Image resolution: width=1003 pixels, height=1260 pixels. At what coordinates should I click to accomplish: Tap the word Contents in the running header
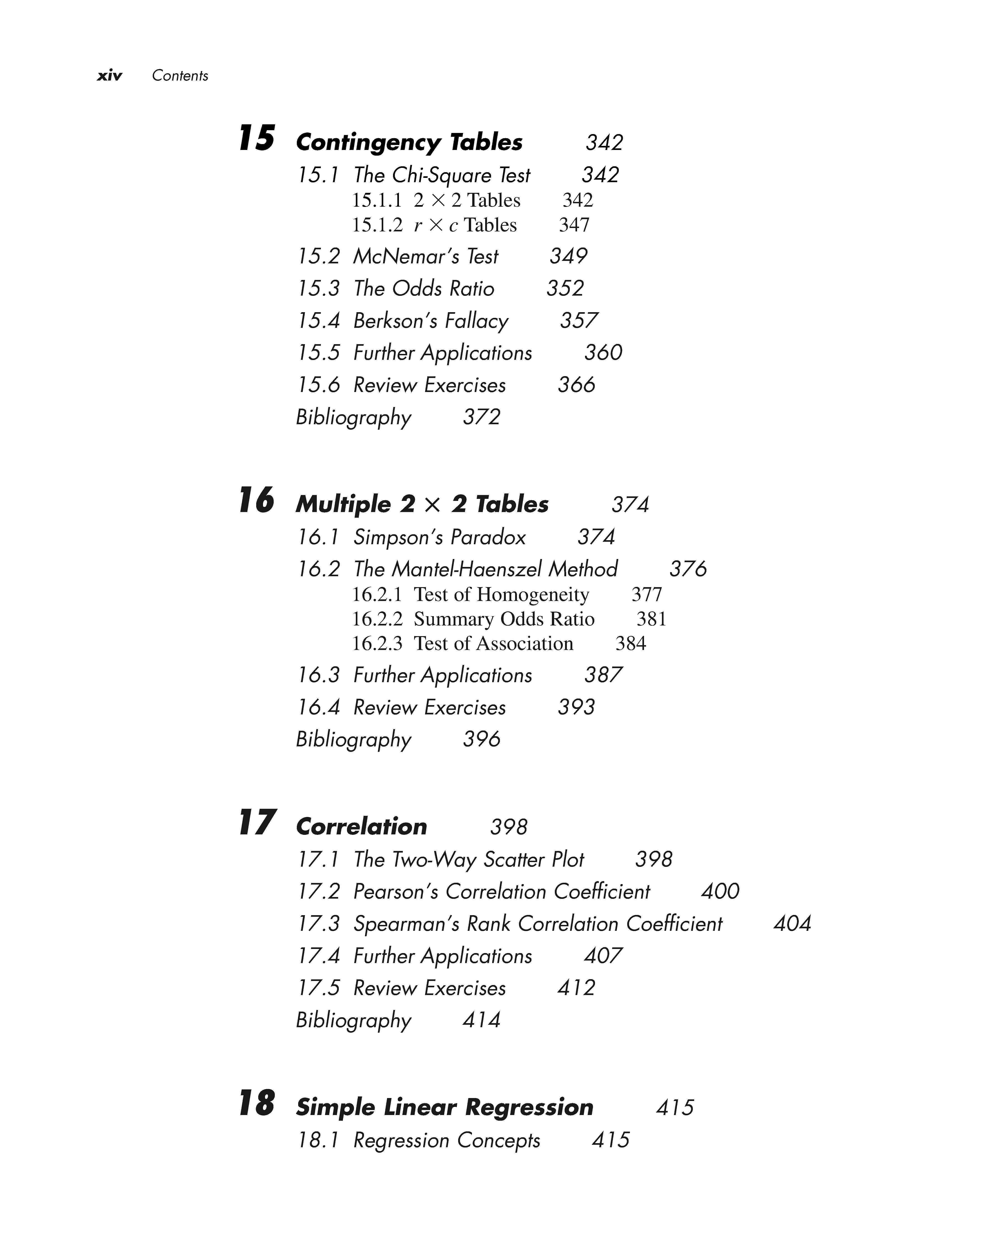click(x=180, y=75)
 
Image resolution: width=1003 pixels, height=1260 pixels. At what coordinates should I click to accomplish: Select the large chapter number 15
click(x=257, y=139)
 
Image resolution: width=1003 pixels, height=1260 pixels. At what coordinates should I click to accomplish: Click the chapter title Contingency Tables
click(x=409, y=142)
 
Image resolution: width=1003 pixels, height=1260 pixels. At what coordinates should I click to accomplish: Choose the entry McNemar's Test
click(x=425, y=256)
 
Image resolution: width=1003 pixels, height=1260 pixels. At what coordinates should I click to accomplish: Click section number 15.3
click(x=319, y=288)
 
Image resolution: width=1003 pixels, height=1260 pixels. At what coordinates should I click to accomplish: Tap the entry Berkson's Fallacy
click(x=431, y=320)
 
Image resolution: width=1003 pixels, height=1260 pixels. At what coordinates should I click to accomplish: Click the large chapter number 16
click(x=257, y=501)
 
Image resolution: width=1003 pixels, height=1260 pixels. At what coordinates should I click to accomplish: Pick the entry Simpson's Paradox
click(x=440, y=537)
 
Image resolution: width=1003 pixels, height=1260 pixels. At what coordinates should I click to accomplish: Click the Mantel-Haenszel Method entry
click(x=485, y=569)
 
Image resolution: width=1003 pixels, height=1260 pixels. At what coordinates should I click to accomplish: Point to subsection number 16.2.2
click(x=377, y=619)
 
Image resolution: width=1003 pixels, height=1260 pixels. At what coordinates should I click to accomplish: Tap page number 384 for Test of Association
click(x=631, y=643)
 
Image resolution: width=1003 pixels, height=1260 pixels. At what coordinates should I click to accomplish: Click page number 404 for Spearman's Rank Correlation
click(x=792, y=923)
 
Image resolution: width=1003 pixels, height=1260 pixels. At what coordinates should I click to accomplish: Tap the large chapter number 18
click(x=257, y=1103)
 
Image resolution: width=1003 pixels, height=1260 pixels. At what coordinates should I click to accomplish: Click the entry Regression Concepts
click(x=447, y=1140)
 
